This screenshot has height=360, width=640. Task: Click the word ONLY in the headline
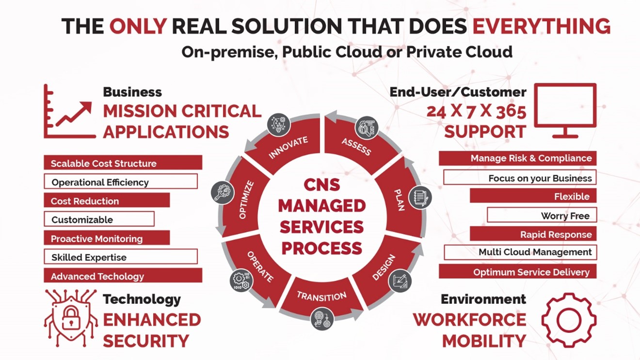[x=138, y=26]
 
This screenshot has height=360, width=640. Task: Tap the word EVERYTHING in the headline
[x=542, y=26]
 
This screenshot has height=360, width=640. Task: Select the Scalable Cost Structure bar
[x=123, y=163]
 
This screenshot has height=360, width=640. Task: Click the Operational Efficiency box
[x=121, y=182]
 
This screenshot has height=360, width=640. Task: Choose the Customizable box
[x=99, y=219]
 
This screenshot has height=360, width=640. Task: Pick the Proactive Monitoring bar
[x=107, y=238]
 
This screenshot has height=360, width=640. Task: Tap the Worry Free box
[x=542, y=215]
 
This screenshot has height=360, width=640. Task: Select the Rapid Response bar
[x=533, y=234]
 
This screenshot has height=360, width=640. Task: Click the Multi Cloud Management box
[x=520, y=252]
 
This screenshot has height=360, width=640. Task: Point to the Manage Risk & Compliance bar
[x=518, y=158]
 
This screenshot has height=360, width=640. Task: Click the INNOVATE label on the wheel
[x=288, y=147]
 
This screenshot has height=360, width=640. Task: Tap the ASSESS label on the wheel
[x=356, y=147]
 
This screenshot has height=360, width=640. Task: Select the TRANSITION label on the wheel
[x=321, y=297]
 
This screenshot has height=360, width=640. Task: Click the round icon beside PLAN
[x=420, y=198]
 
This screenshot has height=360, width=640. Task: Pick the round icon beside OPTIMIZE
[x=223, y=192]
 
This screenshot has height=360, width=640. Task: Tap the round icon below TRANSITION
[x=322, y=319]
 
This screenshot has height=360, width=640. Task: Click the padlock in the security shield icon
[x=71, y=317]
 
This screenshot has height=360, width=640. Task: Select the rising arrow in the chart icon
[x=74, y=114]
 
